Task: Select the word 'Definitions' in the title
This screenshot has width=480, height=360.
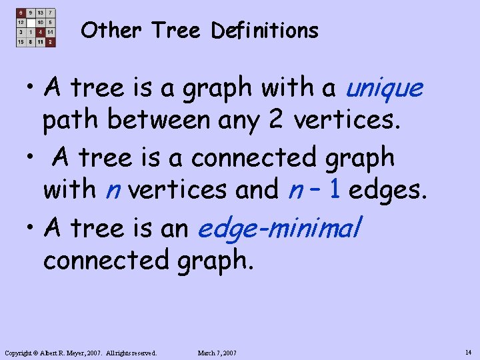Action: (265, 31)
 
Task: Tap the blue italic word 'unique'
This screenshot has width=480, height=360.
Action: (385, 87)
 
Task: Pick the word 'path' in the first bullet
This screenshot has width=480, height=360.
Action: (71, 119)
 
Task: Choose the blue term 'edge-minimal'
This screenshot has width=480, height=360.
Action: (279, 229)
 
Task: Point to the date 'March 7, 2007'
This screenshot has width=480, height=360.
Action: (217, 353)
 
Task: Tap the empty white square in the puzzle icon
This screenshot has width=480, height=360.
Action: (31, 22)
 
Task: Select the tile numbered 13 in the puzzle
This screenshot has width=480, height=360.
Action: (41, 13)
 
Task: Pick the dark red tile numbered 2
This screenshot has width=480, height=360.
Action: (50, 41)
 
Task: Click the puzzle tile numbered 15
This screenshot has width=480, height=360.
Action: (21, 41)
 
